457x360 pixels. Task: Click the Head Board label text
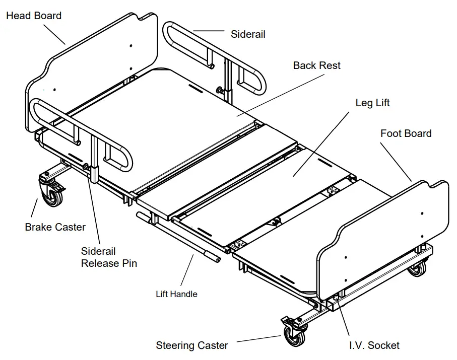[34, 16]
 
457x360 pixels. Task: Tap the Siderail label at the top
[248, 34]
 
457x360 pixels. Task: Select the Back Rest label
[316, 65]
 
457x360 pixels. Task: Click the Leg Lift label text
[372, 103]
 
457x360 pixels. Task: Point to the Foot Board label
[406, 133]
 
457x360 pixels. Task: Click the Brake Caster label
[55, 227]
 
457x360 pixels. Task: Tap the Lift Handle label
[176, 294]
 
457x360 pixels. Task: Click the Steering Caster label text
[191, 345]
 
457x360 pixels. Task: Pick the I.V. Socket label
[374, 345]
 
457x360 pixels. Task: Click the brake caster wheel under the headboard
[51, 195]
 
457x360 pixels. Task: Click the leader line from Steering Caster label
[259, 340]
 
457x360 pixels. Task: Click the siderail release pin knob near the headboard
[86, 167]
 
